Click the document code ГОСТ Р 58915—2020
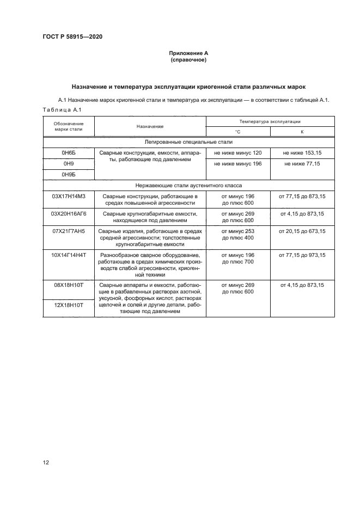click(72, 37)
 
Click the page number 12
click(46, 462)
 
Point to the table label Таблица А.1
click(62, 111)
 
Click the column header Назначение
click(150, 126)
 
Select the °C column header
click(237, 132)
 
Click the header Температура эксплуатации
click(270, 122)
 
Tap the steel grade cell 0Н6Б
click(69, 153)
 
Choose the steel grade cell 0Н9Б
click(69, 174)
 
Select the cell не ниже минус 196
click(237, 163)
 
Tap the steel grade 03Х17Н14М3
click(69, 196)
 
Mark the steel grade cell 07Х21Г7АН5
click(69, 231)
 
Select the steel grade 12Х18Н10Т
click(69, 306)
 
